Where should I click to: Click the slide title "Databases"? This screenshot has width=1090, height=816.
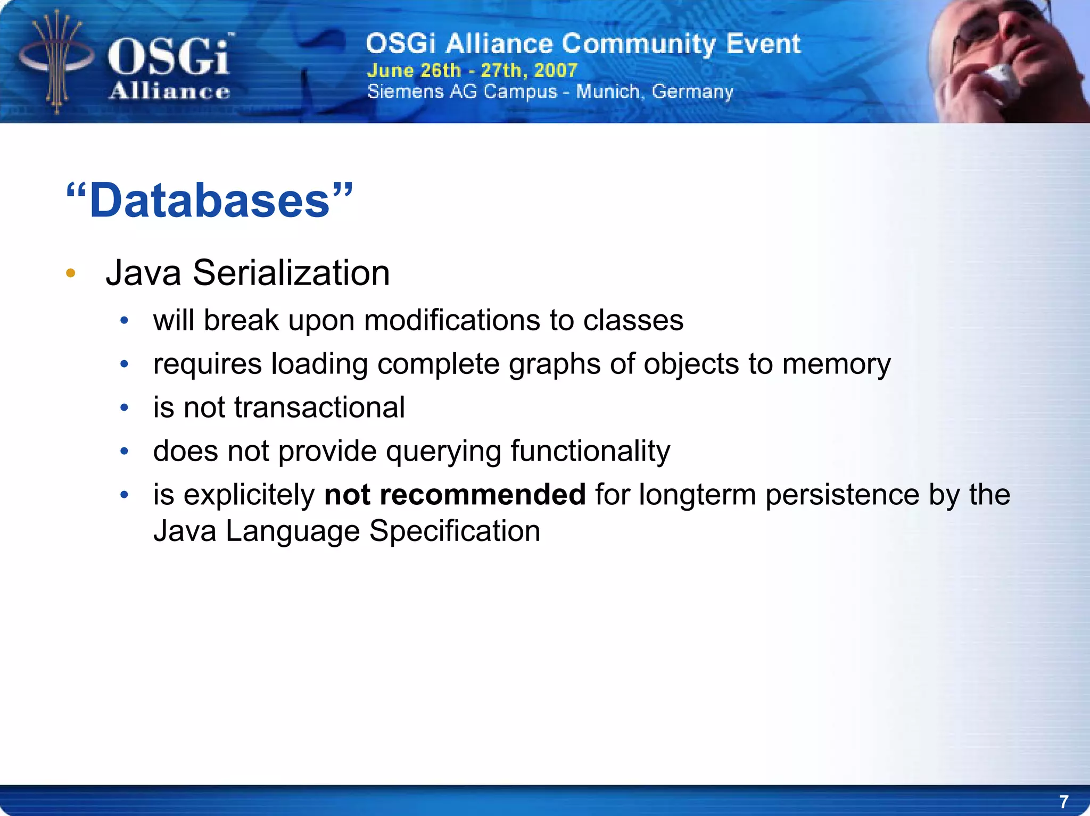coord(210,201)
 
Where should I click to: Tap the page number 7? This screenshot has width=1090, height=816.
coord(1063,801)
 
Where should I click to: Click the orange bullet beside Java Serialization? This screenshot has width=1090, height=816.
coord(71,273)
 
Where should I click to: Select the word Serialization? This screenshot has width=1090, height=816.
coord(291,273)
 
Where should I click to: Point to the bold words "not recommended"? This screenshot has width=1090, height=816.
coord(455,495)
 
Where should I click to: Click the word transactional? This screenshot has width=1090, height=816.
coord(319,408)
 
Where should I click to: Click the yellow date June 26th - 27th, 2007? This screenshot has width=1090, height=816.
coord(472,70)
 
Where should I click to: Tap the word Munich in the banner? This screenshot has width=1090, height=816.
coord(608,91)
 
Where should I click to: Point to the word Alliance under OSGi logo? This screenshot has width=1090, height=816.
coord(169,91)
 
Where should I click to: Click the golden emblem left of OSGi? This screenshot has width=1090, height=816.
coord(56,61)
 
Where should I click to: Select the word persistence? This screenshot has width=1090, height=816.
coord(842,495)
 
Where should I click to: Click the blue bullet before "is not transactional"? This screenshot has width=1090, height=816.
coord(125,408)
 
